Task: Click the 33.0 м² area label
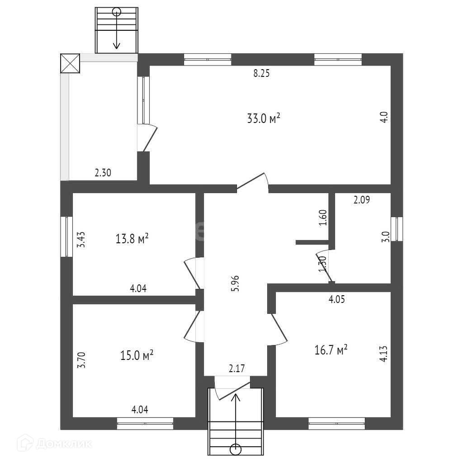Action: tap(264, 119)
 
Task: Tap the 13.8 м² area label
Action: tap(132, 238)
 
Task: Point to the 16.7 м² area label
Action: tap(331, 349)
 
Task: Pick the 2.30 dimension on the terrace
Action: tap(103, 172)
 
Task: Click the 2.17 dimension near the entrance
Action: tap(236, 369)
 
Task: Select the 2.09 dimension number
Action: tap(361, 200)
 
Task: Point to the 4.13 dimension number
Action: tap(383, 353)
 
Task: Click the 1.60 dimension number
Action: tap(322, 218)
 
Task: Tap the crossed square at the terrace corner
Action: tap(70, 63)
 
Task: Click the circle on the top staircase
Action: tap(117, 12)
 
